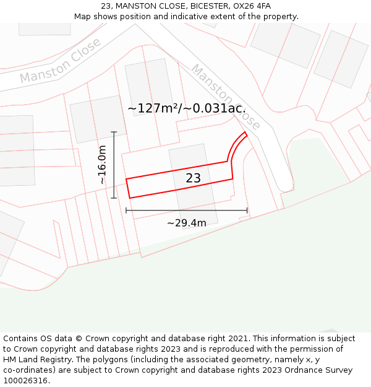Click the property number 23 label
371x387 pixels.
[193, 178]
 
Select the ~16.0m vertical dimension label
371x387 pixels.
[103, 165]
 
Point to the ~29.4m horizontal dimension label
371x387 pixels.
[187, 223]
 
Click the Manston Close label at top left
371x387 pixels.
[60, 61]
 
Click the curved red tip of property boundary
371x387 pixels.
[245, 133]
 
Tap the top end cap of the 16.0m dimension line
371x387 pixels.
[114, 132]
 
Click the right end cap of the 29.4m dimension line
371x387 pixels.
[247, 211]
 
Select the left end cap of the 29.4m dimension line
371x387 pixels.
[126, 211]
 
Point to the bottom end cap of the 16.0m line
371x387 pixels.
[114, 198]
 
